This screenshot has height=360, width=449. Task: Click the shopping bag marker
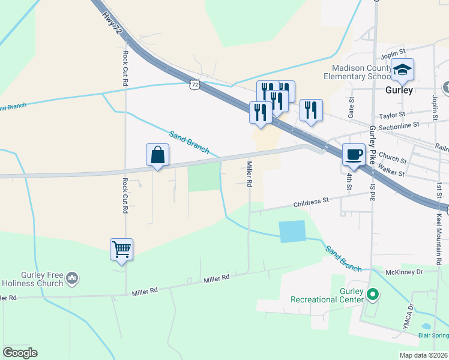157,155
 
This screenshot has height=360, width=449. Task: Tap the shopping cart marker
122,248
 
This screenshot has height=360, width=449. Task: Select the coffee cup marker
354,154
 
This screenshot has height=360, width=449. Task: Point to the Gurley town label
399,90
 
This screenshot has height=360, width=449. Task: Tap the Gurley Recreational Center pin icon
373,294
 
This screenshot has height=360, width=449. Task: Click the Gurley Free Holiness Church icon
72,278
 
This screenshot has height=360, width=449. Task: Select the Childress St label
312,203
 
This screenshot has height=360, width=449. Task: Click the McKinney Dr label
406,272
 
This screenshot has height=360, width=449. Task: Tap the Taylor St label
393,114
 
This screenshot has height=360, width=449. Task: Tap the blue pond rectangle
292,231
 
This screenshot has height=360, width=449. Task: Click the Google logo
20,353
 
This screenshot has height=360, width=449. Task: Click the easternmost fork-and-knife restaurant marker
311,110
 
